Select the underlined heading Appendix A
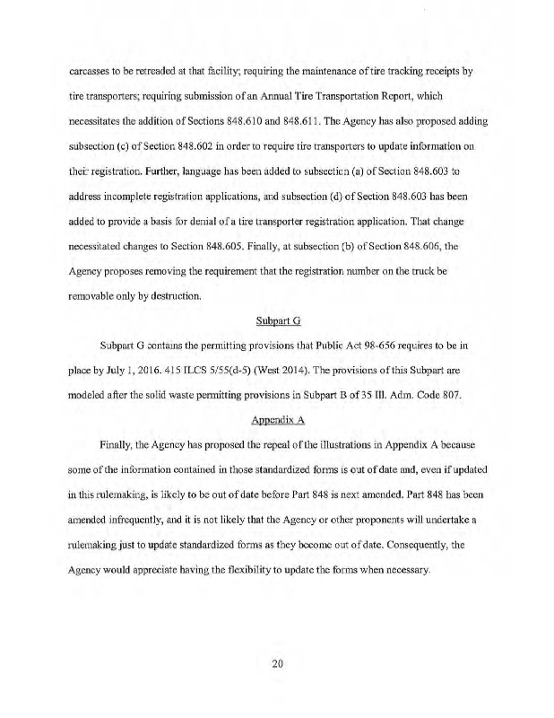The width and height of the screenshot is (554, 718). (276, 417)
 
